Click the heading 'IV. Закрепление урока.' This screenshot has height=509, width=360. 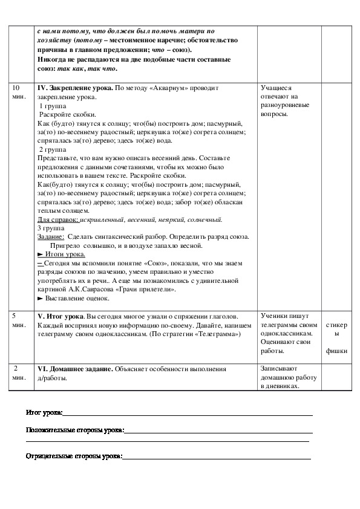[x=75, y=88]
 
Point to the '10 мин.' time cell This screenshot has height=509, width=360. [x=19, y=92]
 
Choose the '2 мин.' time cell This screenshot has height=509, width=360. [x=19, y=372]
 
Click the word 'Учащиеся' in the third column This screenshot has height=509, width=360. [x=276, y=88]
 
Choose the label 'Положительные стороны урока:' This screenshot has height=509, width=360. [x=75, y=430]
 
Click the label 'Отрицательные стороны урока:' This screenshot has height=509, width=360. [x=74, y=457]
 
